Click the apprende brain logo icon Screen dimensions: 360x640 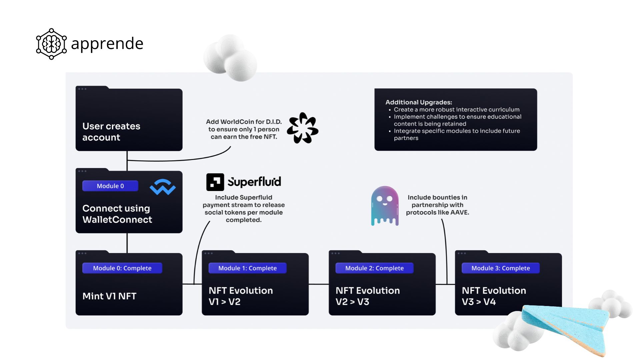point(51,44)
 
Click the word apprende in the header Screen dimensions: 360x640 point(107,44)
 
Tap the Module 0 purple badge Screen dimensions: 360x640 point(110,186)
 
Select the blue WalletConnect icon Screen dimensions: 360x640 point(163,187)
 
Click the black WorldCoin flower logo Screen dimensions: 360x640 point(303,128)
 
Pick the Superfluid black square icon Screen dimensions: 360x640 point(215,182)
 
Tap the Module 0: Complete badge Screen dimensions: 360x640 point(122,268)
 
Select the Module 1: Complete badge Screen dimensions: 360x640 point(247,268)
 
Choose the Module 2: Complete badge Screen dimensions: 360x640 point(374,268)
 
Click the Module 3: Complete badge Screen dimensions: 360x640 point(500,268)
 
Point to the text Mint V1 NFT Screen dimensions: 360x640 point(109,296)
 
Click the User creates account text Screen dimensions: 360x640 point(111,132)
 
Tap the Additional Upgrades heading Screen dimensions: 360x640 point(419,102)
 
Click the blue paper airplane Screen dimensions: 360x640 point(567,327)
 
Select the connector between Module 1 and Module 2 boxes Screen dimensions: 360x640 point(319,284)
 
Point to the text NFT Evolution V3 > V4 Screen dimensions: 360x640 point(494,296)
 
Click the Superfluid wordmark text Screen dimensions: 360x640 point(254,182)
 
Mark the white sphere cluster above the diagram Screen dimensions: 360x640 point(230,57)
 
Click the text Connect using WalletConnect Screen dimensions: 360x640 point(117,214)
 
